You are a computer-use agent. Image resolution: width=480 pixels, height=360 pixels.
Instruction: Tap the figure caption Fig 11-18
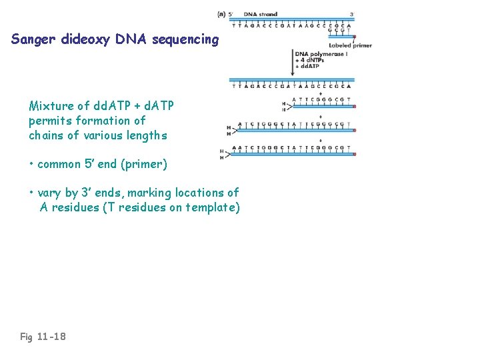tap(43, 337)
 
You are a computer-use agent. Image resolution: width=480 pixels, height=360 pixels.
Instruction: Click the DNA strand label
tap(260, 15)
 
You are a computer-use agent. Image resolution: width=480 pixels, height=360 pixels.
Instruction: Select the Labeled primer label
tap(350, 45)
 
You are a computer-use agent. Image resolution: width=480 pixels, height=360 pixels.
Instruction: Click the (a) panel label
tap(221, 15)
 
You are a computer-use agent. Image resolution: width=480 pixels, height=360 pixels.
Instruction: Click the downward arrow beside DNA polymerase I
tap(293, 61)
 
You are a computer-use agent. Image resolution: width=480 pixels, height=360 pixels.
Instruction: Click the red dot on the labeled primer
tap(354, 37)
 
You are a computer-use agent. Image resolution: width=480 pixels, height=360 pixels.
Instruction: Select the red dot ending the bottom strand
tap(354, 154)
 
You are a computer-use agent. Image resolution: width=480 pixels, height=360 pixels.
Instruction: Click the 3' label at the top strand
tap(352, 15)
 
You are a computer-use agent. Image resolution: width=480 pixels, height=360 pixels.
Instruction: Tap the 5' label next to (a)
tap(231, 15)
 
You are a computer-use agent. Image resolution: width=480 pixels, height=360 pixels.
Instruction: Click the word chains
tap(46, 135)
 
